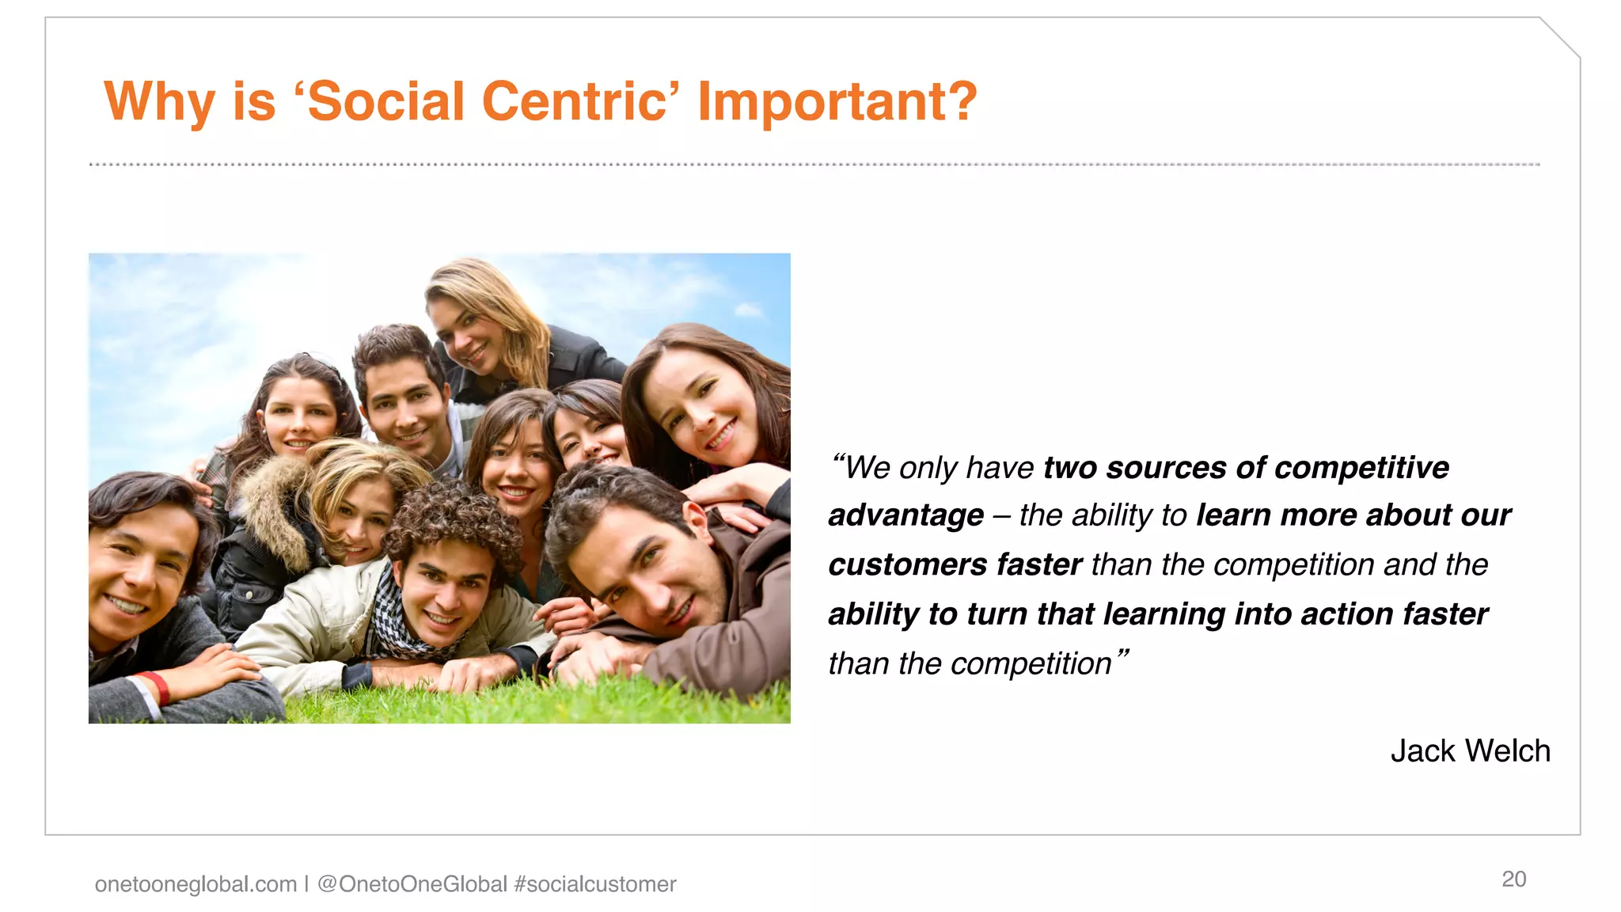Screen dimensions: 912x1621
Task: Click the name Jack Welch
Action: [x=1470, y=750]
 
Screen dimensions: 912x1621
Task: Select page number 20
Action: [x=1513, y=879]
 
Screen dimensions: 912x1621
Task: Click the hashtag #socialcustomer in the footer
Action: [x=595, y=883]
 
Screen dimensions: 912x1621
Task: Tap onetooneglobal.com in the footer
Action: [x=196, y=883]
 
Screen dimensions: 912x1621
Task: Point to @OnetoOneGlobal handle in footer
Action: [x=412, y=883]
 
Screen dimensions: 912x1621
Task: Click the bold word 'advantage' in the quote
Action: [x=905, y=515]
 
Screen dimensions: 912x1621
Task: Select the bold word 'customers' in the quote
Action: [x=907, y=564]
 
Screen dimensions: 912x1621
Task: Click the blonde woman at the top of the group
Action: [x=475, y=325]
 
